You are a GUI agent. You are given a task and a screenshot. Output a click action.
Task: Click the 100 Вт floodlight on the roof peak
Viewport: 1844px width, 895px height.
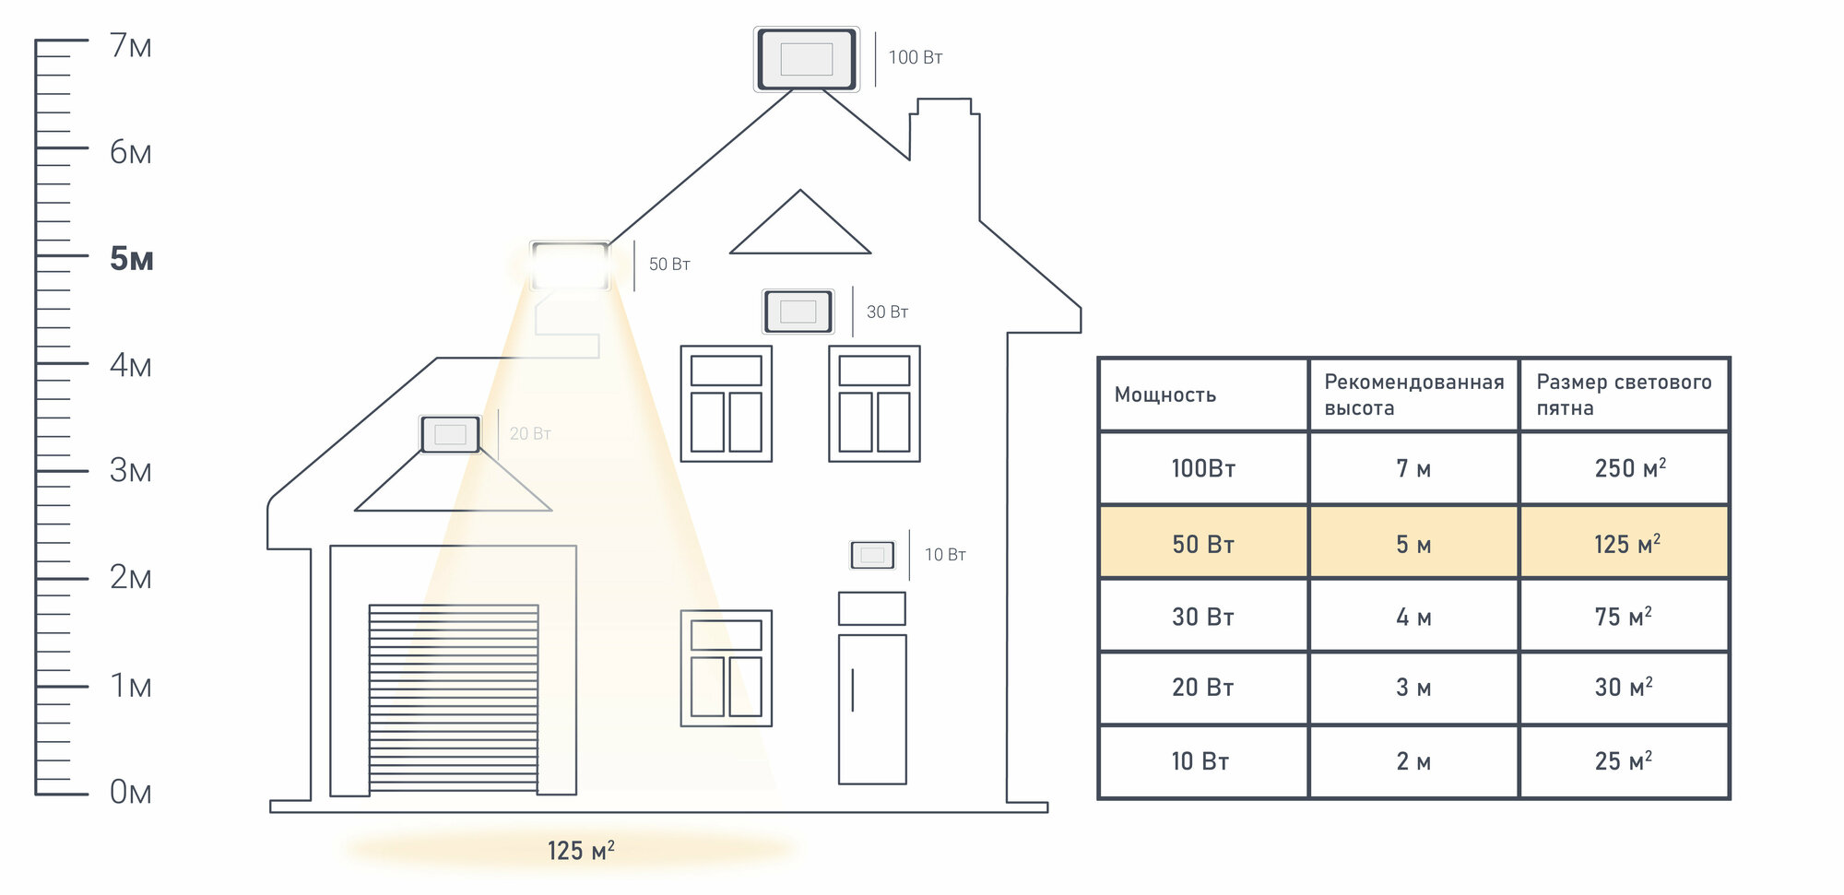tap(807, 59)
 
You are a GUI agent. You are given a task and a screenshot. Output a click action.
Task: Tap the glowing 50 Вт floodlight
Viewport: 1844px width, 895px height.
tap(570, 265)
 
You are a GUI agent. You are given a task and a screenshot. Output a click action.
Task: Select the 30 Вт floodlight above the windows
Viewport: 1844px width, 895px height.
tap(798, 312)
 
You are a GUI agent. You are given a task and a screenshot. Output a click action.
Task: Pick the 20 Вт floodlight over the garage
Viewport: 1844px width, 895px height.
tap(451, 434)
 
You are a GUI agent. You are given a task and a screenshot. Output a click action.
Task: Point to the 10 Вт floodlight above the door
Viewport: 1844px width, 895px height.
tap(872, 555)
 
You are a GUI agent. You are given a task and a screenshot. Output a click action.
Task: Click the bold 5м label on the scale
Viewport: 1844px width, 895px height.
tap(131, 259)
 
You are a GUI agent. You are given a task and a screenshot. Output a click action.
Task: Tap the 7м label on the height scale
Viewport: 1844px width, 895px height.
tap(130, 45)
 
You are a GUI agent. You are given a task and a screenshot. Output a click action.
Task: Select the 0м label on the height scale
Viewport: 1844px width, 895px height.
tap(130, 792)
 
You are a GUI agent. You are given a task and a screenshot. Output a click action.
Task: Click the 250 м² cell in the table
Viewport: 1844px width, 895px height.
tap(1629, 468)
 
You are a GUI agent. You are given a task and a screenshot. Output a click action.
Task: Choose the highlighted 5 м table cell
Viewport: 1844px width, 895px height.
tap(1413, 544)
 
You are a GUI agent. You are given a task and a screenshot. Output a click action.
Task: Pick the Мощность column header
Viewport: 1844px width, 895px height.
tap(1165, 395)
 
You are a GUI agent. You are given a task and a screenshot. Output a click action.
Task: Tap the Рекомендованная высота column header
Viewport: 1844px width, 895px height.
tap(1413, 395)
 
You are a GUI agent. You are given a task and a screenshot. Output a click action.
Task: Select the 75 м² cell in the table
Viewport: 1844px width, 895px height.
tap(1623, 617)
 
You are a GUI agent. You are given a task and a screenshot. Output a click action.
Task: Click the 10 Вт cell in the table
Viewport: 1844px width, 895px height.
tap(1200, 761)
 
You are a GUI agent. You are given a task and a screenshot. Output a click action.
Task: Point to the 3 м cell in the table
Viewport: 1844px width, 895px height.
tap(1413, 688)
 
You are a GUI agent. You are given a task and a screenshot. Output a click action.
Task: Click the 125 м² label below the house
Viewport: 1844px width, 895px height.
tap(581, 850)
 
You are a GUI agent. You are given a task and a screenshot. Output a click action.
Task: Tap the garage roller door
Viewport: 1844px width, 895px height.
tap(454, 698)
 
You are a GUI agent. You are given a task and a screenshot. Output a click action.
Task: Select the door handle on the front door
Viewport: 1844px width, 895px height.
tap(853, 689)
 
